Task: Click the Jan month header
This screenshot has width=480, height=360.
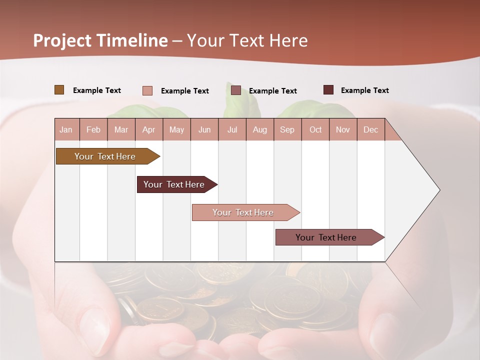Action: pos(66,129)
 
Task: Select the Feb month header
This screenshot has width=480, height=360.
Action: pos(93,129)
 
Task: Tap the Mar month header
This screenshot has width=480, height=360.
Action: pos(121,129)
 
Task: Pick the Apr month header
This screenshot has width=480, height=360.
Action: pos(149,129)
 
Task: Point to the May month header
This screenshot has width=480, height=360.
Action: pos(176,129)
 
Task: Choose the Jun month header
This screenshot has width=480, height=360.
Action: pos(204,129)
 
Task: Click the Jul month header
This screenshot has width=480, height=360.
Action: pos(232,129)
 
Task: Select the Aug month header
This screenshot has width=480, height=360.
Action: pos(260,129)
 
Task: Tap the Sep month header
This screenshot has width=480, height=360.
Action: pos(287,129)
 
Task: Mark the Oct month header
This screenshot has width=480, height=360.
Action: pos(315,129)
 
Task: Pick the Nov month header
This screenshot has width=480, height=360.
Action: pos(343,129)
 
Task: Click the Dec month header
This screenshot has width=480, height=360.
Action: pos(371,129)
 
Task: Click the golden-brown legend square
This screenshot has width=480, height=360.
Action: pos(59,90)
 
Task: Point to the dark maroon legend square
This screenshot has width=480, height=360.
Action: pos(328,90)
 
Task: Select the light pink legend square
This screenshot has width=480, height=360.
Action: pos(147,90)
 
